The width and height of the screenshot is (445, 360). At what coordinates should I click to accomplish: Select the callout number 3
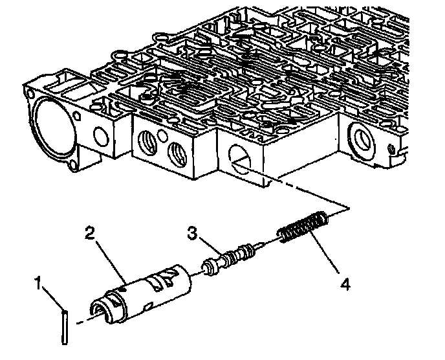point(192,232)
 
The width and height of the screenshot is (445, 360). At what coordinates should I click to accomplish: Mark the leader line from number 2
point(111,258)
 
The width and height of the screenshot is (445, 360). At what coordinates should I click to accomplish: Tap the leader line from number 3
point(211,247)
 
